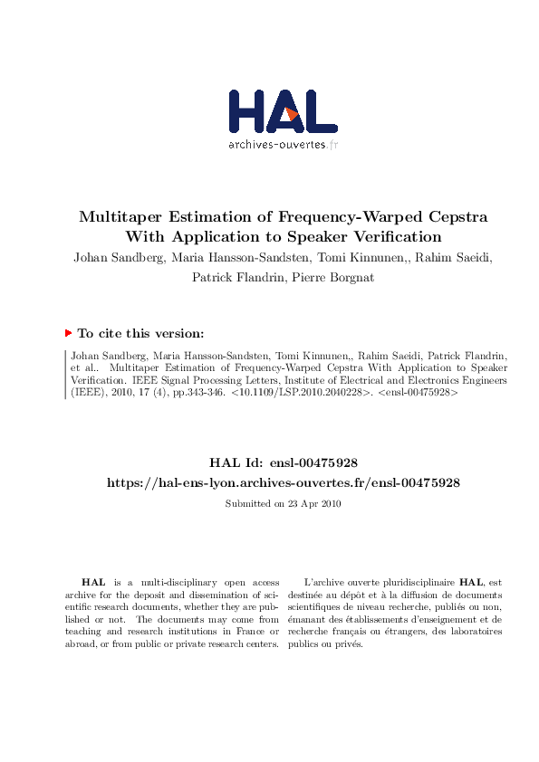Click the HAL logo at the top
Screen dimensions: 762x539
point(283,112)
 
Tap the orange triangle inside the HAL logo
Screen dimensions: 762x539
point(292,114)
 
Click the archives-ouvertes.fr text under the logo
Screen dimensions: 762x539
point(283,144)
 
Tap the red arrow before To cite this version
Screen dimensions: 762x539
point(68,334)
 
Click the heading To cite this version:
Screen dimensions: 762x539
point(146,334)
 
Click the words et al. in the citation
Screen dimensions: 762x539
point(83,368)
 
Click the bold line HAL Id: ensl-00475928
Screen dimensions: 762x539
point(283,463)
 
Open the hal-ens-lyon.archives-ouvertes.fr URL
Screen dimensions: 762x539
point(283,483)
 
